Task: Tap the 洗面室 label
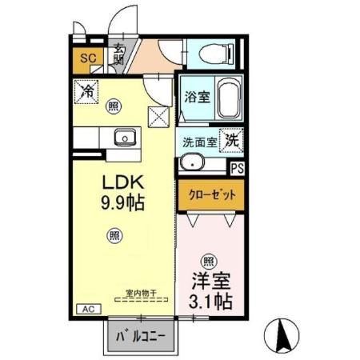199,141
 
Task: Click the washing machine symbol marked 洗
231,140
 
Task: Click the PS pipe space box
238,169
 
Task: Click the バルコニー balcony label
141,337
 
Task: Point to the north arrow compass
283,334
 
